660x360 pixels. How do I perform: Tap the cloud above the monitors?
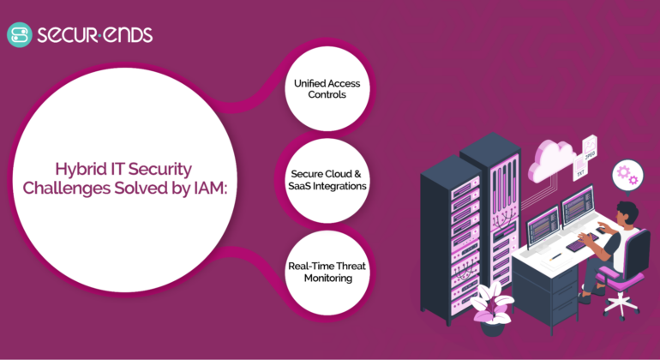(551, 159)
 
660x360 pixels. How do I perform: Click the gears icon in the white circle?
(627, 175)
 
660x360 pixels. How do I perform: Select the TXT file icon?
(580, 171)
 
